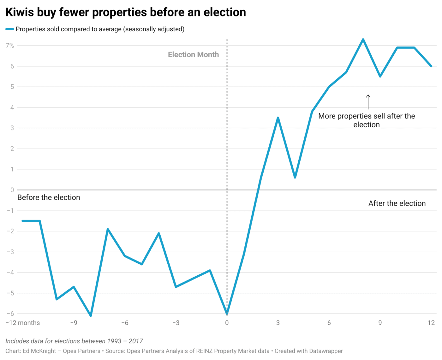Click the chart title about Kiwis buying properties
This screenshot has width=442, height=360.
pos(126,12)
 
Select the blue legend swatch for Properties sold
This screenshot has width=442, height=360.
pos(9,29)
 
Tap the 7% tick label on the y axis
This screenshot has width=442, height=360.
pos(10,46)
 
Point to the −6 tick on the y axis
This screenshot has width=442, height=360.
pos(10,314)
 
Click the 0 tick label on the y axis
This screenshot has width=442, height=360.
pos(12,190)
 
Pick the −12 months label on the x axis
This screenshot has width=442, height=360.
pos(23,323)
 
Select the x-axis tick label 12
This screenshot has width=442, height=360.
pos(431,323)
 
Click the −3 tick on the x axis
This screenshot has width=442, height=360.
pos(176,323)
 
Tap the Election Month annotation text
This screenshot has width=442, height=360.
pos(193,55)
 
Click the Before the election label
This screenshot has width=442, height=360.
pos(49,197)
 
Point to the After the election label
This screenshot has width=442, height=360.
pos(397,203)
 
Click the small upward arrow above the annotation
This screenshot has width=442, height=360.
pos(368,101)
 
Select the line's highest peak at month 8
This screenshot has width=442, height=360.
pos(363,39)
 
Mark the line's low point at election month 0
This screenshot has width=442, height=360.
pos(227,314)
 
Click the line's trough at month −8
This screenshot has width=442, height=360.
pos(91,315)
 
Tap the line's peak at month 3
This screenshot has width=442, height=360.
pos(278,118)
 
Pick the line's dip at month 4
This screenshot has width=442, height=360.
pos(295,177)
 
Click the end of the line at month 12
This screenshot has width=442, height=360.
pos(431,66)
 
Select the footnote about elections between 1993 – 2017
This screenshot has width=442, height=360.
pos(74,341)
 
